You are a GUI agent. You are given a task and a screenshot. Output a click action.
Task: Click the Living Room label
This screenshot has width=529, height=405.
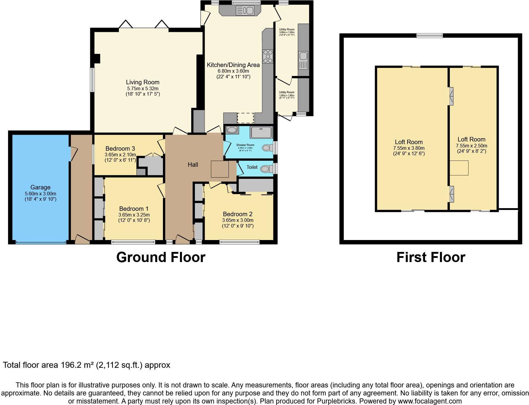(142, 82)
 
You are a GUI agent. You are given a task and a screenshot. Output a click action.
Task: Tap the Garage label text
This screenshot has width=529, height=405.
(40, 187)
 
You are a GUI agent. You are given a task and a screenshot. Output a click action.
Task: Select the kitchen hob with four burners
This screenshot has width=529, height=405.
(268, 56)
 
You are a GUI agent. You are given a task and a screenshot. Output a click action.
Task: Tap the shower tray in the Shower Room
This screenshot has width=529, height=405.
(261, 133)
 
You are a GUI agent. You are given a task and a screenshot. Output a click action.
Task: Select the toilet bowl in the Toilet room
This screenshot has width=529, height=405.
(265, 169)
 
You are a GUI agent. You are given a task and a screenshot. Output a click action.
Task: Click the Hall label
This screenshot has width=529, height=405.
(193, 165)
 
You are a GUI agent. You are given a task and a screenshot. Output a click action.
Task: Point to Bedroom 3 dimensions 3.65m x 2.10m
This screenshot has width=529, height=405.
(120, 155)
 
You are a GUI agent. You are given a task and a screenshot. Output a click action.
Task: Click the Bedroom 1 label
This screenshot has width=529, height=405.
(134, 209)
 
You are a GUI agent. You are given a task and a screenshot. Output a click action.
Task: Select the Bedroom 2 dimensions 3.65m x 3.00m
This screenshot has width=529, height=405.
(237, 220)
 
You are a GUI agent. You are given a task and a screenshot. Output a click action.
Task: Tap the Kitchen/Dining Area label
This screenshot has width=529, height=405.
(233, 65)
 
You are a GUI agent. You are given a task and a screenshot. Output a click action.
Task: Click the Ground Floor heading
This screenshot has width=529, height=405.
(161, 257)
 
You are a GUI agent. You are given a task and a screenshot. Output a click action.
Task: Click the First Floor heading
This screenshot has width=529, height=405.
(430, 257)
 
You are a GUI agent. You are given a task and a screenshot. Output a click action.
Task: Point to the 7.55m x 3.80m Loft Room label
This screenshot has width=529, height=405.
(409, 142)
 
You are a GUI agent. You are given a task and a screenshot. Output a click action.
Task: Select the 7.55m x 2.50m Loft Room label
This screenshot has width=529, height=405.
(471, 139)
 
